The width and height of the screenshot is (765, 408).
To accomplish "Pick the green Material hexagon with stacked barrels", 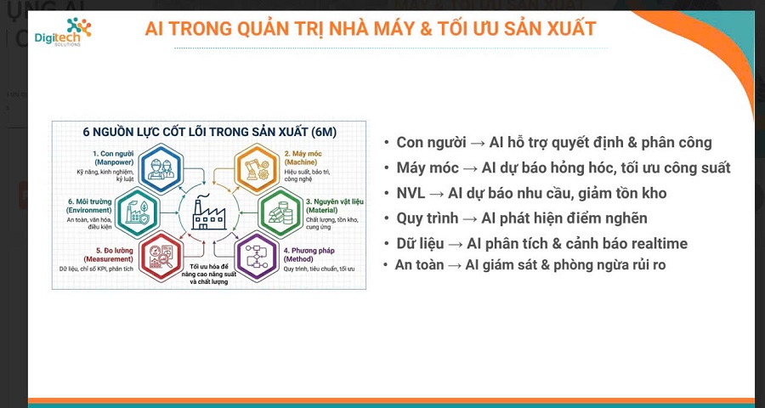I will coord(280,209).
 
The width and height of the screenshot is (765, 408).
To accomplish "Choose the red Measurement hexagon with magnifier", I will coord(161,253).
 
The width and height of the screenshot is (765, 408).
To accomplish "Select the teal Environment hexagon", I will coord(135,209).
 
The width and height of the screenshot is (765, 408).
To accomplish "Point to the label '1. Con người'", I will coord(111,153).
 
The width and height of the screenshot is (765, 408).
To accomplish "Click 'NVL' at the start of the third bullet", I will coord(410,193).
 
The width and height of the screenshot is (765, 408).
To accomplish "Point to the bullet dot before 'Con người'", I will coord(388,143).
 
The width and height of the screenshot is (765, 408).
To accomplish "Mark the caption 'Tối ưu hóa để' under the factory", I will coord(207,266).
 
